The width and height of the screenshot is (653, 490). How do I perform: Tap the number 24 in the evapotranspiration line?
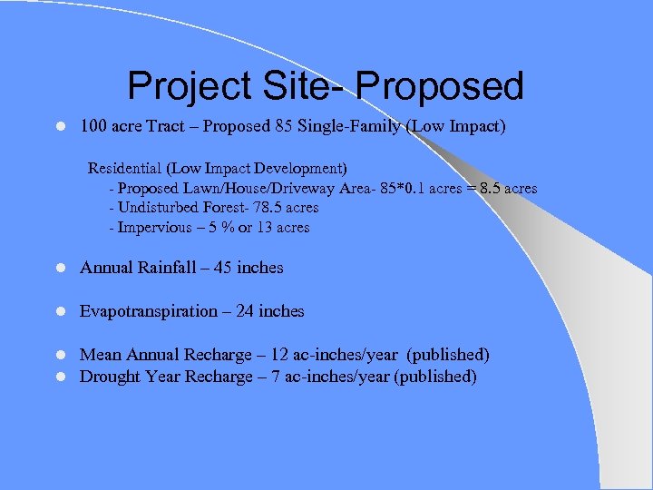click(245, 311)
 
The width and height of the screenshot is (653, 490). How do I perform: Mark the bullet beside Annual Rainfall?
click(58, 269)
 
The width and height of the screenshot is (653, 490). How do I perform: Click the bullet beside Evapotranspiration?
click(58, 312)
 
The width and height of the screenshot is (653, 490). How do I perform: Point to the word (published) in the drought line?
click(435, 377)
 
